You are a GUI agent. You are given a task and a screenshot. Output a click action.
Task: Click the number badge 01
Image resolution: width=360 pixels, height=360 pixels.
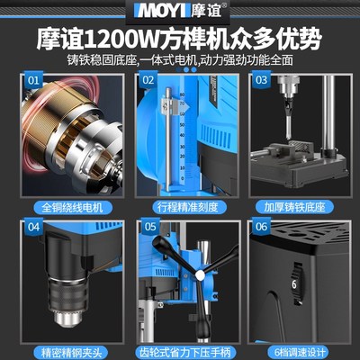(x=34, y=79)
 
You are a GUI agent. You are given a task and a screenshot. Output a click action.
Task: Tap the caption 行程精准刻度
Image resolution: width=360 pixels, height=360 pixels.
(x=180, y=206)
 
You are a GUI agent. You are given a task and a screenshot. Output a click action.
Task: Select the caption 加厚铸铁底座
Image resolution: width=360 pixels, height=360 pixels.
(x=294, y=206)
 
